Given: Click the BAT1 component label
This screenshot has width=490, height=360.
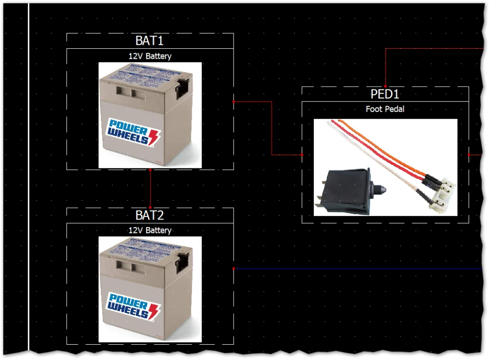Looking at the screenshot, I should click(x=150, y=41).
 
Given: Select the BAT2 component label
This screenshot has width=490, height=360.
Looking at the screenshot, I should click(x=150, y=215).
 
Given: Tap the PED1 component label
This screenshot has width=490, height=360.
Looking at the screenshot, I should click(x=385, y=94).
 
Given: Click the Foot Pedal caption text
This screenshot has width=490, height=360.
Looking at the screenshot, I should click(x=385, y=109).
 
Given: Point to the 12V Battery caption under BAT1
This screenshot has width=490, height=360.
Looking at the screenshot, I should click(x=150, y=56).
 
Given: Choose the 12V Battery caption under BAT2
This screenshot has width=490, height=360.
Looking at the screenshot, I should click(x=150, y=230).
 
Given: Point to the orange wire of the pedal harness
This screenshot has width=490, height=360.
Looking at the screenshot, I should click(x=383, y=148).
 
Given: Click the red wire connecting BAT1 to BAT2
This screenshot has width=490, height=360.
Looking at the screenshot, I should click(x=150, y=189).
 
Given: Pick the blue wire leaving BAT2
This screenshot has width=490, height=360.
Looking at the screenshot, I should click(x=359, y=269).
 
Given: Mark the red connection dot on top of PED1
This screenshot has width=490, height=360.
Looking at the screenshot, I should click(x=385, y=87).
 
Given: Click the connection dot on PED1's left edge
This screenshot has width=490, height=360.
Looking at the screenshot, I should click(x=302, y=155).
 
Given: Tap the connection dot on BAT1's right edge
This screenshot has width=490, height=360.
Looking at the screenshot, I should click(x=234, y=102).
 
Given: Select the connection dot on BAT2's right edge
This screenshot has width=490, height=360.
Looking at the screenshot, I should click(x=234, y=269).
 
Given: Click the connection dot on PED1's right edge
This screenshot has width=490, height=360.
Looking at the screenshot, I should click(x=469, y=155).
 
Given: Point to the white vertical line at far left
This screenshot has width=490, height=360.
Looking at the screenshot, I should click(x=29, y=177).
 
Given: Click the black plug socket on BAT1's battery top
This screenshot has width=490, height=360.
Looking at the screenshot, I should click(x=183, y=89).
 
